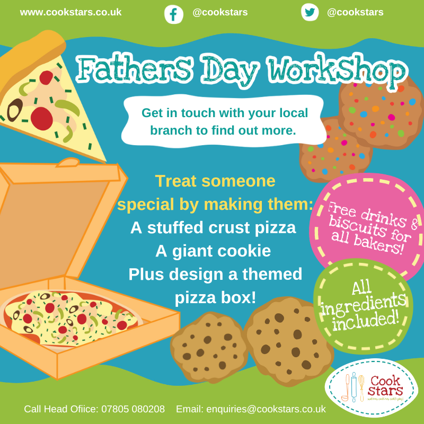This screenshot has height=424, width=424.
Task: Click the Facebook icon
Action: pyautogui.click(x=173, y=14)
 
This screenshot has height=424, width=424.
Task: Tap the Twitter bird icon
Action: pyautogui.click(x=310, y=13)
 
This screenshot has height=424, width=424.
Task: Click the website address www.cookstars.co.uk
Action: pyautogui.click(x=70, y=12)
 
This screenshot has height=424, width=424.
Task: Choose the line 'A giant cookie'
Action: pyautogui.click(x=213, y=251)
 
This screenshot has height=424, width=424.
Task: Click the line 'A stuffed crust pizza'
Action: pyautogui.click(x=213, y=228)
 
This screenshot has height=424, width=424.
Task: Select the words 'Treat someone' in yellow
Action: pyautogui.click(x=215, y=181)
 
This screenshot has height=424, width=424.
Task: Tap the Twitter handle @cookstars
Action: pyautogui.click(x=355, y=12)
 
